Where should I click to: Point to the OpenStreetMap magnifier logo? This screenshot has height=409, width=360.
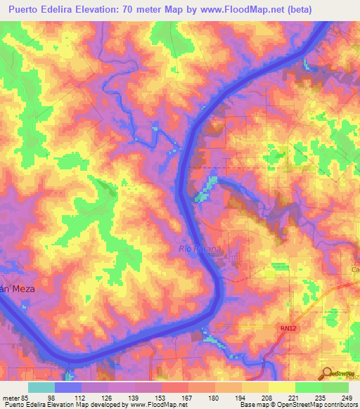pos(326,375)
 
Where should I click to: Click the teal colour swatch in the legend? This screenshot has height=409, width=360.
pos(41,387)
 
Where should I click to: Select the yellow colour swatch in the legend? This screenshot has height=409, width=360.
pos(282,387)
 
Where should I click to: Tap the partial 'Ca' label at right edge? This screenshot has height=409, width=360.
pos(354,269)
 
